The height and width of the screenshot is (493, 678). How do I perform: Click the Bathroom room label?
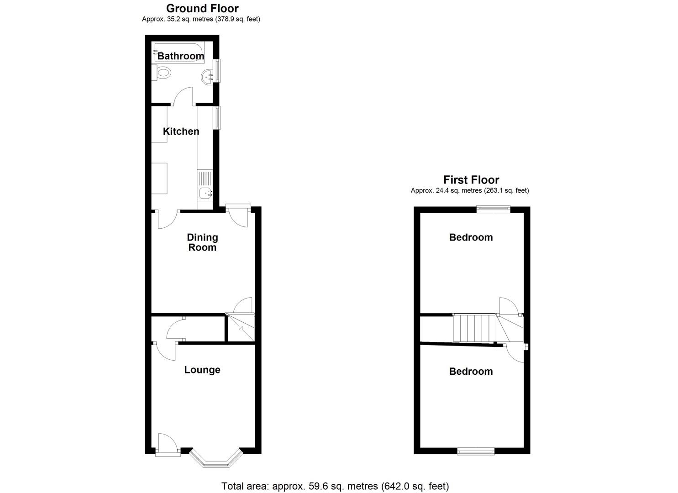click(x=180, y=56)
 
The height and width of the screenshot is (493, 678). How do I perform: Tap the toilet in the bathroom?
click(x=162, y=72)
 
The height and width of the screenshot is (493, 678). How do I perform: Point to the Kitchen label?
click(x=181, y=131)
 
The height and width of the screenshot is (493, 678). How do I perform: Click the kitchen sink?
click(x=205, y=194)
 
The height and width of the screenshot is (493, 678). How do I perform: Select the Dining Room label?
click(x=202, y=242)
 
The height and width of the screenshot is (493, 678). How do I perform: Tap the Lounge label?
click(x=202, y=370)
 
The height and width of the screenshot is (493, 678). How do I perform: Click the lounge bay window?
click(x=215, y=461)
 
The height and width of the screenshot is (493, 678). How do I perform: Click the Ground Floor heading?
click(x=202, y=8)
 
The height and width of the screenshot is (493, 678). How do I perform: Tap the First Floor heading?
click(x=471, y=180)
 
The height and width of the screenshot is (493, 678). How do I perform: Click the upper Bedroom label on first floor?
click(x=471, y=237)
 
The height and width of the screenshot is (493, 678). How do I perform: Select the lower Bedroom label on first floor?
click(x=471, y=372)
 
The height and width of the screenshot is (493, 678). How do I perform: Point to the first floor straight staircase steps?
click(x=474, y=328)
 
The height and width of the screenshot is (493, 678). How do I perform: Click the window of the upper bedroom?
click(x=493, y=209)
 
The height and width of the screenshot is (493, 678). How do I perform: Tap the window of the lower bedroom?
click(x=476, y=451)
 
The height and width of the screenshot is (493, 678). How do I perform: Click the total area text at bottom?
click(x=335, y=486)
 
